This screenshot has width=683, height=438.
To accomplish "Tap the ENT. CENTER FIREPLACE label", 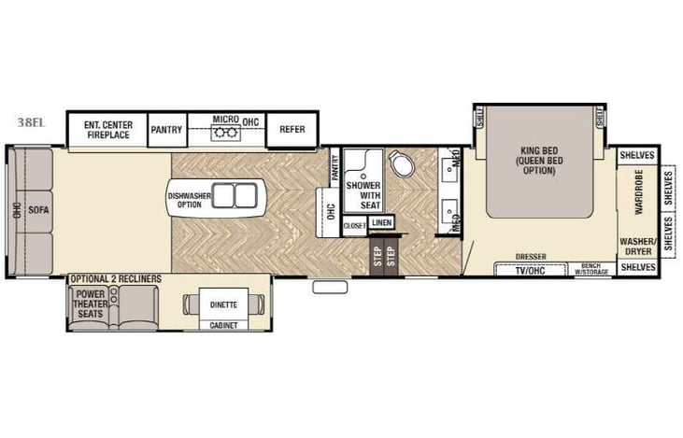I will coord(108,130).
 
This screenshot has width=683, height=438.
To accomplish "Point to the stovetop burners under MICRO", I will coord(225,134).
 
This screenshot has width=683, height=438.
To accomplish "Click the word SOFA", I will coord(37,209).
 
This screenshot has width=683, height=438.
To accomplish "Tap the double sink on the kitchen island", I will coord(236,196).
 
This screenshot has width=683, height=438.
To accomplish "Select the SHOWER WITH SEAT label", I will coord(363,191).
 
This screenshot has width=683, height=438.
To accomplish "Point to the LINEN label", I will coord(381,223).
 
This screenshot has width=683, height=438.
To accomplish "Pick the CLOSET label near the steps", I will coord(355,225).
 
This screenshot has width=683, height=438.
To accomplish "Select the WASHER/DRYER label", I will coord(636,245).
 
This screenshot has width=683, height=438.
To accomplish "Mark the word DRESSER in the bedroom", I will coord(530,256).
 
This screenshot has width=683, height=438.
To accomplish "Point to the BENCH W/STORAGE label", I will coord(591,269).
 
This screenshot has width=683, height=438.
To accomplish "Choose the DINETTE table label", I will coord(222,304).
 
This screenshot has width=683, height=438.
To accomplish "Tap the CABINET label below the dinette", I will coord(222,326).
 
